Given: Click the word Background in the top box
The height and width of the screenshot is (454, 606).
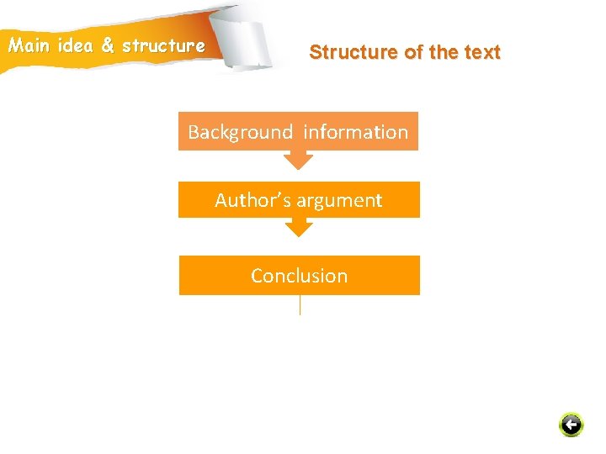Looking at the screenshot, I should (240, 132).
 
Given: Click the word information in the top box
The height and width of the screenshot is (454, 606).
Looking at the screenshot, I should (355, 132).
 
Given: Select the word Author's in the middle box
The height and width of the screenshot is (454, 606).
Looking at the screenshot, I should (248, 200).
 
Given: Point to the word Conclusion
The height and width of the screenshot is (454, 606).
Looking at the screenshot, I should (299, 276).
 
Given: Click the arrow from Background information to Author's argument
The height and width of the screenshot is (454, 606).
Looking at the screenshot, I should (298, 160).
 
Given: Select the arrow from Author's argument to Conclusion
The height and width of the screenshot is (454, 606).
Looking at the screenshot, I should (298, 227).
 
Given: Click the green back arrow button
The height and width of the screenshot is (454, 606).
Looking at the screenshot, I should (571, 425).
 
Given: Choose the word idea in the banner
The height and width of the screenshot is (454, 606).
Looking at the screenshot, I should (75, 45).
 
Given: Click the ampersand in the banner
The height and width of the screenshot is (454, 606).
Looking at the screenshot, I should (108, 45).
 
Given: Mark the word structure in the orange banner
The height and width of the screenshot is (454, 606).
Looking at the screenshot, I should (163, 45).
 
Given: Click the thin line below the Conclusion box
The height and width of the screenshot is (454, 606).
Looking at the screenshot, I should (300, 304).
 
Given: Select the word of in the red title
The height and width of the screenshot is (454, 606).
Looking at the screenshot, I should (413, 52).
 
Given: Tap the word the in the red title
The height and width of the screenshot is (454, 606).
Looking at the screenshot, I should (443, 52).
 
